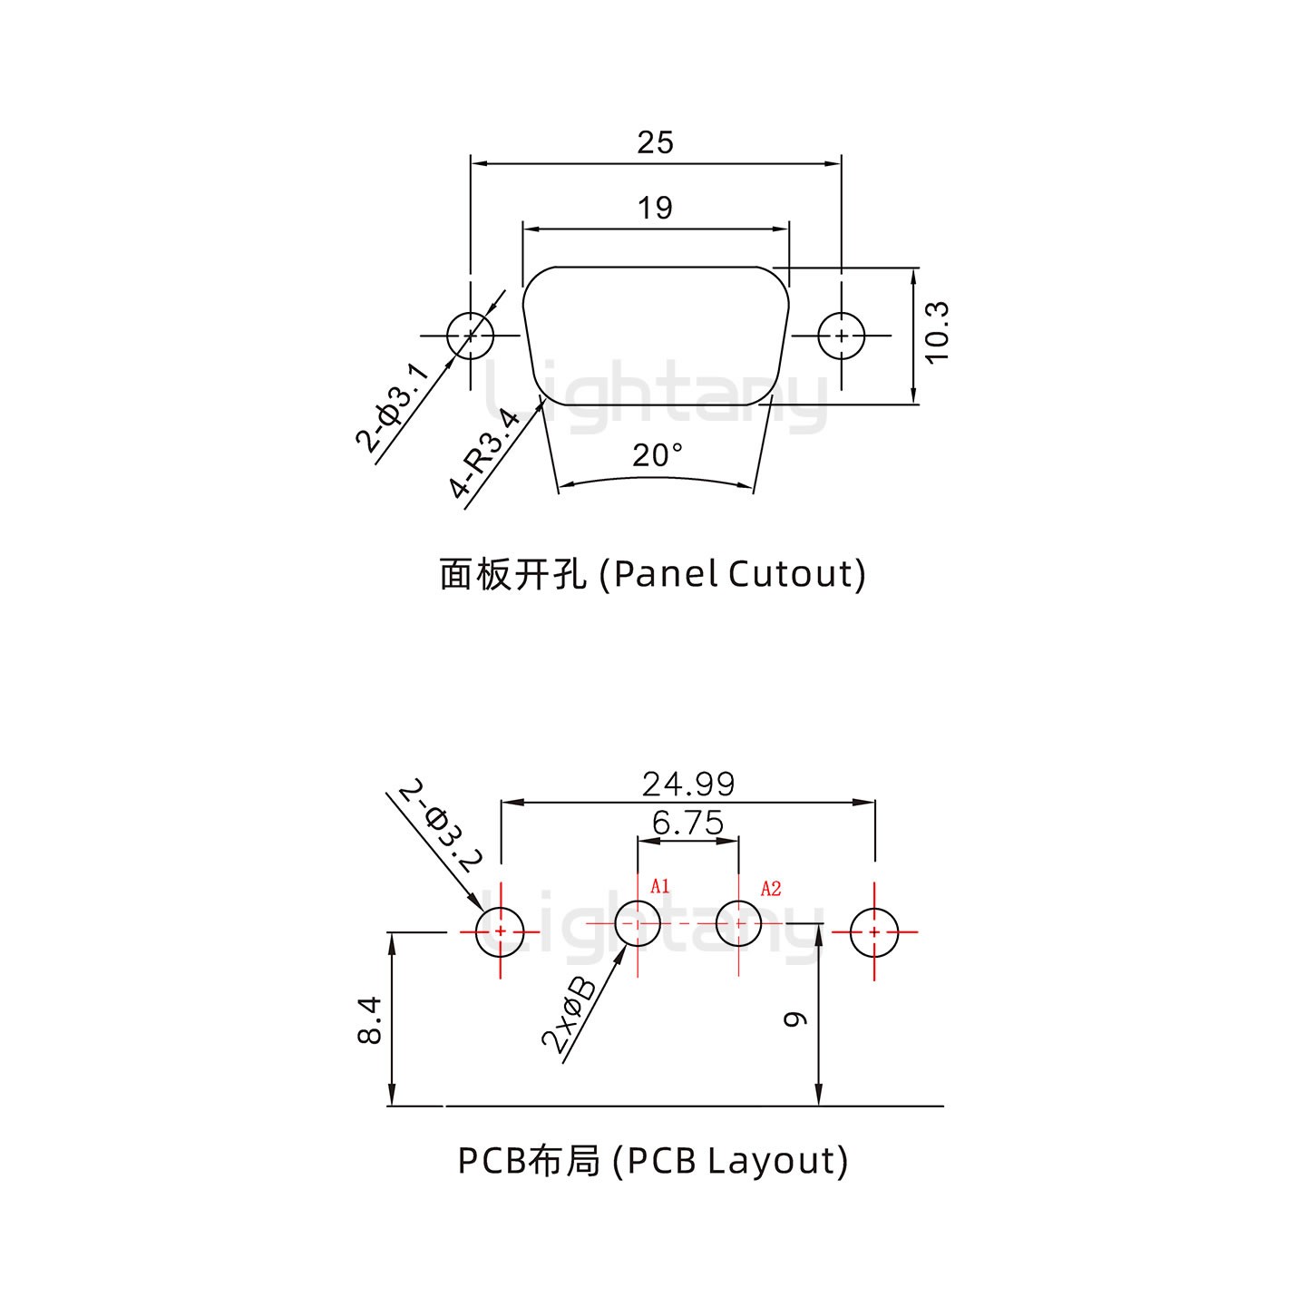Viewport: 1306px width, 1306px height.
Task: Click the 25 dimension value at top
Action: coord(655,142)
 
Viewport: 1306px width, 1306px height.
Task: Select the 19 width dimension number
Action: coord(655,208)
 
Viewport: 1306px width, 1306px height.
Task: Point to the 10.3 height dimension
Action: coord(937,333)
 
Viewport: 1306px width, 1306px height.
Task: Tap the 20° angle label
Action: coord(658,455)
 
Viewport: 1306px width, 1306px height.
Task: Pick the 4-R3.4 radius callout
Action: coord(486,454)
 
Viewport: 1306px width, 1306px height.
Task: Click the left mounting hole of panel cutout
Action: coord(471,336)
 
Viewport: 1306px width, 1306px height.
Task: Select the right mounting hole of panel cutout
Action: coord(842,336)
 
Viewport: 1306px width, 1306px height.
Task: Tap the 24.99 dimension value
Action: coord(688,783)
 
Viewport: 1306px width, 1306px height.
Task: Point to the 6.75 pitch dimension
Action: coord(688,823)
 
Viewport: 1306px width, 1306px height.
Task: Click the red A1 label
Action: coord(660,885)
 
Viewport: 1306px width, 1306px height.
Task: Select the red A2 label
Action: coord(771,889)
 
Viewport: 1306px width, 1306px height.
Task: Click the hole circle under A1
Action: coord(638,923)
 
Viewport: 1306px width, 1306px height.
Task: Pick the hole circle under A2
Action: coord(738,923)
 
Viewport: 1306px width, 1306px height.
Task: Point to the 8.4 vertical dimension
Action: coord(369,1020)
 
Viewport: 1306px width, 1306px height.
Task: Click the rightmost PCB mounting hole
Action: coord(874,931)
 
